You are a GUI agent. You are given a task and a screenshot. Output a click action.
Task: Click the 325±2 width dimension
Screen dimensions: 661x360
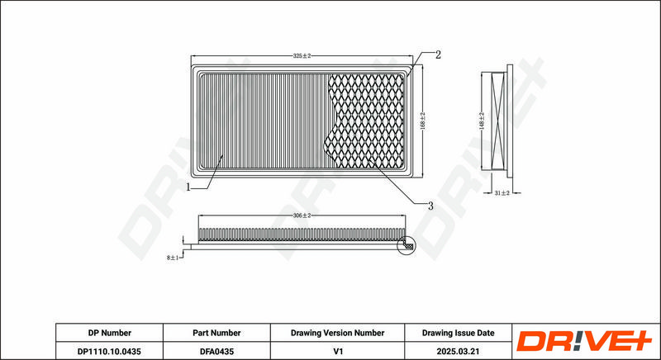coord(302,55)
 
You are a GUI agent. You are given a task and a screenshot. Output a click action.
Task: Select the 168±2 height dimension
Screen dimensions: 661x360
coord(423,121)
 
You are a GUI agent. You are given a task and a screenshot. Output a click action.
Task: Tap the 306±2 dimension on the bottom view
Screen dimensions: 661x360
coord(302,216)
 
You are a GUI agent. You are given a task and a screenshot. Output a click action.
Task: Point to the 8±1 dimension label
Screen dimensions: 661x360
coord(173,258)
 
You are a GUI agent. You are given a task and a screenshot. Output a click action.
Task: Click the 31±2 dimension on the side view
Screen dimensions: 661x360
coord(502,193)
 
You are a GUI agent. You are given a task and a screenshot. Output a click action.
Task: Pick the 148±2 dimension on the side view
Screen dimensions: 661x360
coord(482,121)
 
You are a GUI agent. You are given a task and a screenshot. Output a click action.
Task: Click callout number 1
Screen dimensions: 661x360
coord(188,187)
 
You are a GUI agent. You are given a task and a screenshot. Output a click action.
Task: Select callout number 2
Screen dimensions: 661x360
coord(438,54)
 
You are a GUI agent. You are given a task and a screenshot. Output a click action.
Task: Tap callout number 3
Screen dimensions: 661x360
coord(430,206)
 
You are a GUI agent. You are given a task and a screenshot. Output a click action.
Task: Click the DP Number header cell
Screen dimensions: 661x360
coord(110,333)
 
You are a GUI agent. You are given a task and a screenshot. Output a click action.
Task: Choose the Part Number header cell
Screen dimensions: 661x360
coord(216,333)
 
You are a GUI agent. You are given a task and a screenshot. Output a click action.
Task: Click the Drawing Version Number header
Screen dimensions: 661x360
coord(337,333)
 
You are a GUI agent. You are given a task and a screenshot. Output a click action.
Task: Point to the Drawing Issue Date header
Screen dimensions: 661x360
coord(459,333)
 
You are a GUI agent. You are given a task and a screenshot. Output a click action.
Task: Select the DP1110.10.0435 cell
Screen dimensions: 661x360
coord(109,351)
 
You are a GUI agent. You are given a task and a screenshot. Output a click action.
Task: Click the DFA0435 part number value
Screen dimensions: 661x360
coord(216,351)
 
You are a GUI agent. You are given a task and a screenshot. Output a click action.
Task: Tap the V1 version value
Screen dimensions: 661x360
coord(337,351)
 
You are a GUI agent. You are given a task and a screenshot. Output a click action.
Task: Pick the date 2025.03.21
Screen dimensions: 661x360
coord(459,351)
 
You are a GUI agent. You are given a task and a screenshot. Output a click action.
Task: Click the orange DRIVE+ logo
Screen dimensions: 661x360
coord(584,341)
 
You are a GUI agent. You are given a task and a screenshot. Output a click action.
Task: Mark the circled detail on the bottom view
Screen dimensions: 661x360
coord(406,245)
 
